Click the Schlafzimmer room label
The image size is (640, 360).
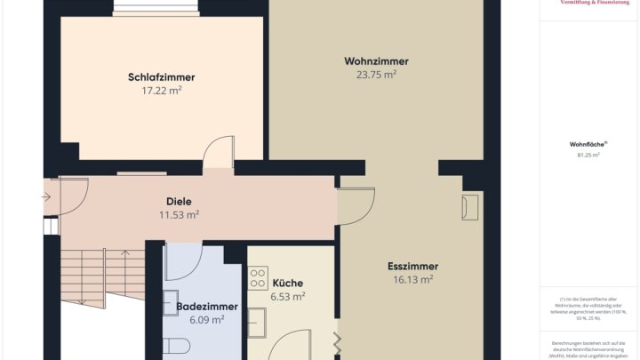click(x=161, y=77)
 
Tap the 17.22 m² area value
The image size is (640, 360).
click(x=161, y=91)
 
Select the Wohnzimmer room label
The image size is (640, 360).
click(x=376, y=61)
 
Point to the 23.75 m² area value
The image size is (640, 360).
click(x=376, y=75)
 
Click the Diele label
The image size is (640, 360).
click(x=179, y=202)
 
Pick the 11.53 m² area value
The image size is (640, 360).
click(x=179, y=215)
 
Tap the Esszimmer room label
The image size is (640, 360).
click(x=412, y=266)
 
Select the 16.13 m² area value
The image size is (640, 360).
click(x=412, y=279)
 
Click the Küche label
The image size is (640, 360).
click(x=287, y=284)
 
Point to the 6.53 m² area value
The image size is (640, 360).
click(x=287, y=297)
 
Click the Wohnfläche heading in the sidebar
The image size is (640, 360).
click(x=588, y=143)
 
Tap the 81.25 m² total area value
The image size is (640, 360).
click(x=588, y=155)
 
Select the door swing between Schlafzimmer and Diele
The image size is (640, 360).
click(x=218, y=155)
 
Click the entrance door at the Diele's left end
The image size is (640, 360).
click(x=67, y=196)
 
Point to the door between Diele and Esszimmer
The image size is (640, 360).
click(x=355, y=206)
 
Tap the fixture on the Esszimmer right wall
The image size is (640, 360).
click(x=469, y=207)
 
